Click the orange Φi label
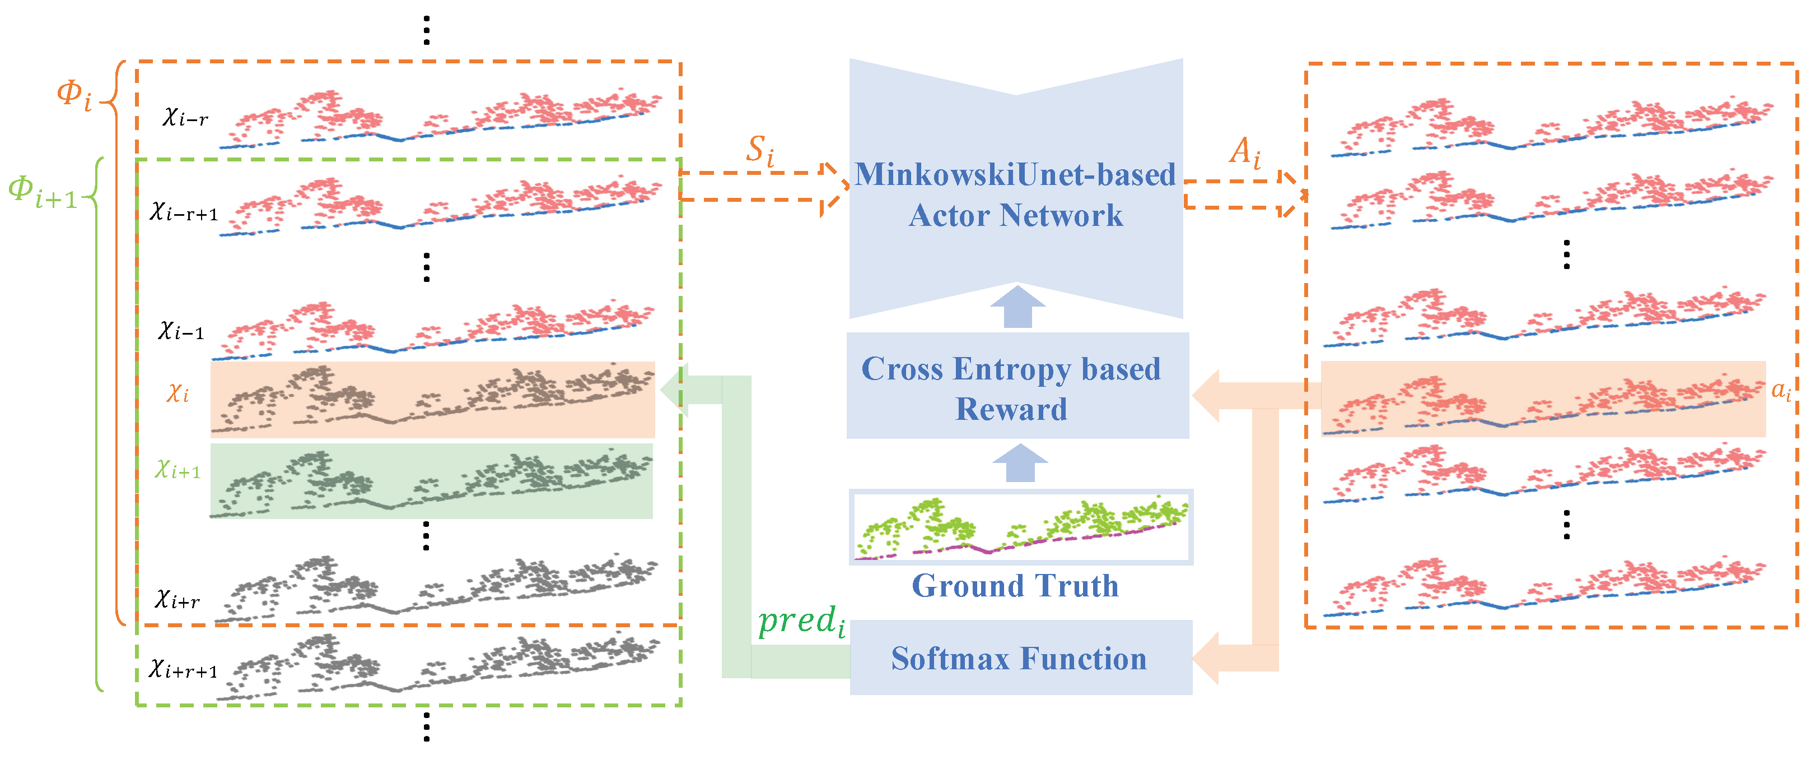74,94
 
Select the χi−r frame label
185,117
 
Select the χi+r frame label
177,599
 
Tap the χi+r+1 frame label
183,669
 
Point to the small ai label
1781,391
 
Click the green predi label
801,622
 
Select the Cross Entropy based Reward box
1016,387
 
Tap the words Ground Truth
1015,586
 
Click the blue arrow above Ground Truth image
1019,463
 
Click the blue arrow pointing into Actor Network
1017,307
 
